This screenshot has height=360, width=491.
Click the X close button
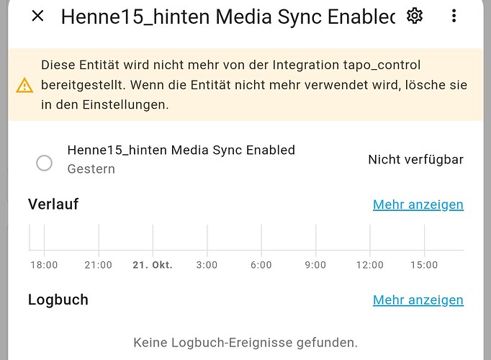pyautogui.click(x=38, y=16)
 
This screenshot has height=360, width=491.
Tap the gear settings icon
pyautogui.click(x=415, y=16)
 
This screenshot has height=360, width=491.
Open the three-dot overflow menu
pyautogui.click(x=454, y=16)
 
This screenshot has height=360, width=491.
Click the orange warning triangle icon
pyautogui.click(x=24, y=85)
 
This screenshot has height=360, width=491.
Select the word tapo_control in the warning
pyautogui.click(x=382, y=65)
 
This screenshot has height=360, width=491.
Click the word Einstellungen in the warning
pyautogui.click(x=125, y=104)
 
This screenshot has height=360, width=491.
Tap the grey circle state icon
pyautogui.click(x=44, y=163)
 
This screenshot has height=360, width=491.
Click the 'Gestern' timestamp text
pyautogui.click(x=91, y=169)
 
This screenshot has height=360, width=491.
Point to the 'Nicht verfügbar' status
pyautogui.click(x=415, y=160)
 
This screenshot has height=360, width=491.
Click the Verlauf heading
pyautogui.click(x=53, y=204)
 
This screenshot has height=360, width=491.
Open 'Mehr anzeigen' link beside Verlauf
pyautogui.click(x=418, y=204)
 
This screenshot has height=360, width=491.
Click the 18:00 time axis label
pyautogui.click(x=44, y=265)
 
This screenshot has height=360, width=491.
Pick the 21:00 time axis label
pyautogui.click(x=99, y=265)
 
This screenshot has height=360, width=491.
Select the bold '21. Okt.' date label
pyautogui.click(x=153, y=265)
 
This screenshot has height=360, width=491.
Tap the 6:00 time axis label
pyautogui.click(x=261, y=265)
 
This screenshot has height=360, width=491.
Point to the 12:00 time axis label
pyautogui.click(x=370, y=265)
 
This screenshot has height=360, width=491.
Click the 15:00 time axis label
pyautogui.click(x=424, y=265)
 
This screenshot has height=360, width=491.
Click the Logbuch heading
pyautogui.click(x=58, y=300)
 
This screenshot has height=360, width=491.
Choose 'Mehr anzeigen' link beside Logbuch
pyautogui.click(x=418, y=300)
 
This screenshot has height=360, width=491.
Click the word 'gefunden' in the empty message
pyautogui.click(x=327, y=343)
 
